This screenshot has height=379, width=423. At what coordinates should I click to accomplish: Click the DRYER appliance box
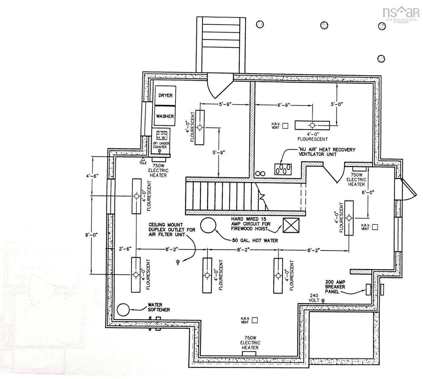(165, 96)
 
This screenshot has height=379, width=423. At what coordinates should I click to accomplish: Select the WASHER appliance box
(165, 116)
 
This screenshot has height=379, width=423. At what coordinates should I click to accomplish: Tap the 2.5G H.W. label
(161, 135)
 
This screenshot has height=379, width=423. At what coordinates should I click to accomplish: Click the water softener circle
(123, 309)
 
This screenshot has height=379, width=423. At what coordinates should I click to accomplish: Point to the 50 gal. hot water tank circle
(208, 225)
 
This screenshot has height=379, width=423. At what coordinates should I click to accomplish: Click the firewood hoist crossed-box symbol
(291, 225)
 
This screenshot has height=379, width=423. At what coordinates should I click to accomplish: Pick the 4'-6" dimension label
(92, 176)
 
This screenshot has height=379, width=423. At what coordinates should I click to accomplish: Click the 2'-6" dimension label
(125, 249)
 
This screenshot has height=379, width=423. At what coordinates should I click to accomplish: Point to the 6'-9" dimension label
(284, 105)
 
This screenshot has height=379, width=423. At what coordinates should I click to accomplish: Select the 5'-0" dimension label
(337, 104)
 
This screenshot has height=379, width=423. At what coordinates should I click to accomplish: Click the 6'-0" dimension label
(368, 193)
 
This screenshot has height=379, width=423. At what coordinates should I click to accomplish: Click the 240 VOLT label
(314, 298)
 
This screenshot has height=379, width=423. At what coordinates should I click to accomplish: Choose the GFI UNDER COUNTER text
(161, 145)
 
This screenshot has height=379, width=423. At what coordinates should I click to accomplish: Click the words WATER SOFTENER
(159, 307)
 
